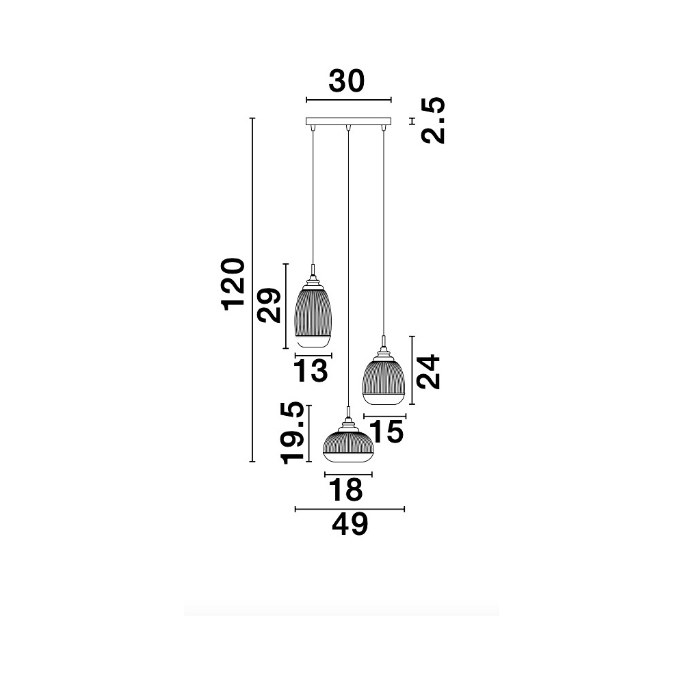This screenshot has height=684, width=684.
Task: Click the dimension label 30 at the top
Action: (346, 81)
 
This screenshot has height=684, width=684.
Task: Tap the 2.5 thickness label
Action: (434, 120)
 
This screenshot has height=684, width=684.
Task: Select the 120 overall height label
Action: (233, 285)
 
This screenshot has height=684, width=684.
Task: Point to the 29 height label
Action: (269, 305)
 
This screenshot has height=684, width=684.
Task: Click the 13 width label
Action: (311, 370)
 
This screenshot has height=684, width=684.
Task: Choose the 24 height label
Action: (428, 371)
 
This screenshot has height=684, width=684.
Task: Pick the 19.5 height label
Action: (292, 433)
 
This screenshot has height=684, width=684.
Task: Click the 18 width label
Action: (345, 490)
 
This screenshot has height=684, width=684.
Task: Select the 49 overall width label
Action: (350, 524)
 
